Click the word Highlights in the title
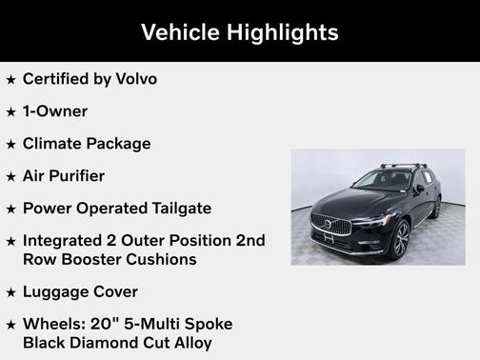281,31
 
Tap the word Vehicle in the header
178,31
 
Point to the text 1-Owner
54,111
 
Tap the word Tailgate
177,209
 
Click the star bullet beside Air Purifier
10,177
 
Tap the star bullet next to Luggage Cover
10,292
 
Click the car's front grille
330,225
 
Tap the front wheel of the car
401,240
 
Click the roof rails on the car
405,166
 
